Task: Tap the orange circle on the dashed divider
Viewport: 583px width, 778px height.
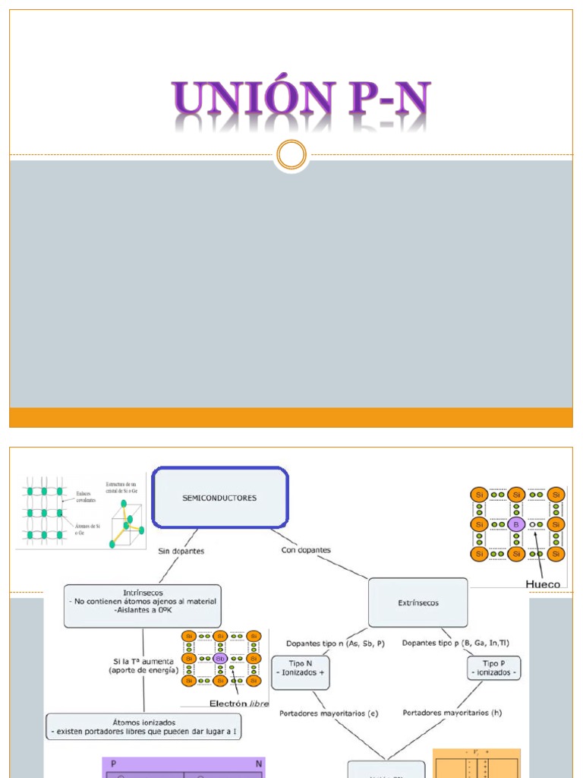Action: coord(291,155)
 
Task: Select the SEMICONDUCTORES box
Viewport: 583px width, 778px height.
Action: coord(220,498)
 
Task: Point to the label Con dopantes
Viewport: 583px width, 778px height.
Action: coord(306,549)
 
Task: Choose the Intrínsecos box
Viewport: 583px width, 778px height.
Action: coord(143,606)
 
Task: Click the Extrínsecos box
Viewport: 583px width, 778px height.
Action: coord(418,602)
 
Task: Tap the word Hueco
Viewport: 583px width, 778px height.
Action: coord(543,583)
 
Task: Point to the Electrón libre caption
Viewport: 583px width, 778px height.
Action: coord(238,703)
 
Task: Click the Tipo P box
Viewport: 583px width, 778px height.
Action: coord(493,668)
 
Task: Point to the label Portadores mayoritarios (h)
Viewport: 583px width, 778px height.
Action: coord(452,713)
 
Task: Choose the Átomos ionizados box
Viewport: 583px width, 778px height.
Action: coord(143,726)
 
